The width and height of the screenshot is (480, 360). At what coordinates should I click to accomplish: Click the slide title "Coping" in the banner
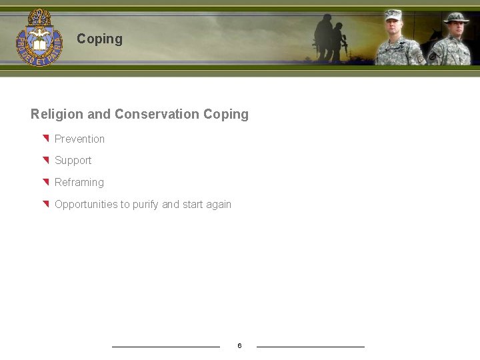99,39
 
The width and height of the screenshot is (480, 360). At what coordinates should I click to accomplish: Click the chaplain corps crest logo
39,37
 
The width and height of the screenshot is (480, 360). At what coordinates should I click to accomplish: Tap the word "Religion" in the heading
57,114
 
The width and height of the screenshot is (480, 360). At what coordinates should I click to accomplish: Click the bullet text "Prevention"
79,139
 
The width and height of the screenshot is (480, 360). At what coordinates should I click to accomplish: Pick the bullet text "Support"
73,161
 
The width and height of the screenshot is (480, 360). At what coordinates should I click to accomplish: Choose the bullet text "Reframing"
79,182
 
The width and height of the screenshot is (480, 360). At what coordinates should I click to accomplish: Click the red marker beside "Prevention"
46,139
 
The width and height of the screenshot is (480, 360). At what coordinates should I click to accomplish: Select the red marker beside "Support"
46,160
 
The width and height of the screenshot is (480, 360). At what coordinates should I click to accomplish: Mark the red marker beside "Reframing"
46,182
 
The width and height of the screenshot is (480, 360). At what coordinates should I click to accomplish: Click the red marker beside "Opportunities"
46,204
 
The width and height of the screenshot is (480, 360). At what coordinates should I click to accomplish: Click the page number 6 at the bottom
239,345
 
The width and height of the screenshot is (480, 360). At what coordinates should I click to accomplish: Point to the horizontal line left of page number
165,347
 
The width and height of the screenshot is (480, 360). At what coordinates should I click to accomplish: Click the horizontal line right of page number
311,347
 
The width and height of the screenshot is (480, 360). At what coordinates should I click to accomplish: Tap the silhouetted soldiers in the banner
331,38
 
